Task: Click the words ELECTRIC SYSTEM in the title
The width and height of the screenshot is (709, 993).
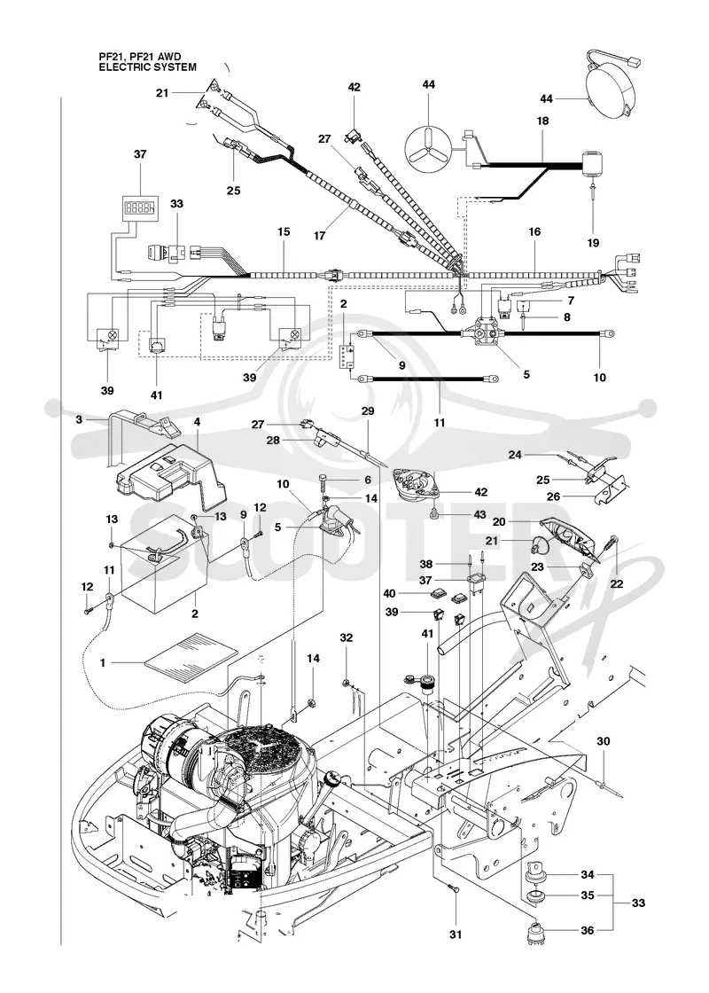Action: [x=147, y=66]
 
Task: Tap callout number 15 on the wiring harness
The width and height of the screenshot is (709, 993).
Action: [x=283, y=232]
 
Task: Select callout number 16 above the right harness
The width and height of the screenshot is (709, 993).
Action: [x=535, y=232]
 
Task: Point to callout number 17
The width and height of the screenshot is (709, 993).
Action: [x=319, y=236]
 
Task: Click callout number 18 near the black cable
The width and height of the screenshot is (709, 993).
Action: [x=542, y=121]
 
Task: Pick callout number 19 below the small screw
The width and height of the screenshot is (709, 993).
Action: [x=593, y=243]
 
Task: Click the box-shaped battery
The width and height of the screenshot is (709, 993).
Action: [x=166, y=567]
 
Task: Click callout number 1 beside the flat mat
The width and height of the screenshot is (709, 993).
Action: [x=103, y=663]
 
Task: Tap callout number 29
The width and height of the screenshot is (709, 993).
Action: [x=368, y=411]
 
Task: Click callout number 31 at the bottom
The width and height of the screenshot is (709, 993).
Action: [x=456, y=934]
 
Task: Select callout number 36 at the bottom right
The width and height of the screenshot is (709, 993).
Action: [x=588, y=930]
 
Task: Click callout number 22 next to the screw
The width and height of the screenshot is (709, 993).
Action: [x=617, y=583]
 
